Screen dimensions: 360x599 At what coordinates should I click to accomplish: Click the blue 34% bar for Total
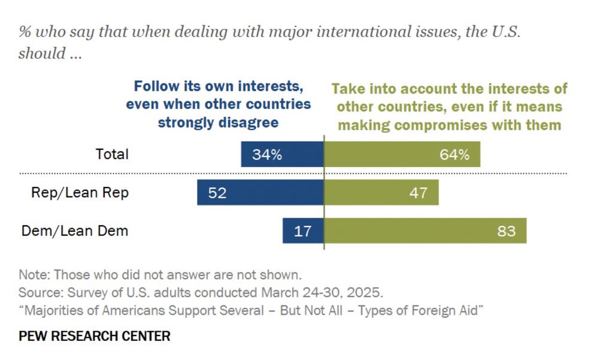pyautogui.click(x=282, y=155)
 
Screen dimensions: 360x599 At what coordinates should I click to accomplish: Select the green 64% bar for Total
pyautogui.click(x=402, y=155)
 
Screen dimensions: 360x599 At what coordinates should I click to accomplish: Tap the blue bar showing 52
pyautogui.click(x=261, y=193)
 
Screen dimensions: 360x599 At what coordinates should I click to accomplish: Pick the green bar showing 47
pyautogui.click(x=381, y=193)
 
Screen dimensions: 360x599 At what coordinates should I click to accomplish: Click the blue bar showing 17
pyautogui.click(x=303, y=231)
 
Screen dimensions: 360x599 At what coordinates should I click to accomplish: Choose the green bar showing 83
pyautogui.click(x=425, y=231)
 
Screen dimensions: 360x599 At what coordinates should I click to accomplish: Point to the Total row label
pyautogui.click(x=112, y=154)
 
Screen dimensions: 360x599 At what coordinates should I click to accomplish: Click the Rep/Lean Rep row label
pyautogui.click(x=80, y=193)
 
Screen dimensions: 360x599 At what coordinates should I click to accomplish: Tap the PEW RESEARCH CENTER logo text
pyautogui.click(x=95, y=336)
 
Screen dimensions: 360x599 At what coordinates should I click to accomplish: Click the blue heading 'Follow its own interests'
pyautogui.click(x=218, y=87)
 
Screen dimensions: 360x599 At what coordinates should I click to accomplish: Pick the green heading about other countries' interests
pyautogui.click(x=449, y=107)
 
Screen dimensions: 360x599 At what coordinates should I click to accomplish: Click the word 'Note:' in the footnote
pyautogui.click(x=34, y=276)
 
